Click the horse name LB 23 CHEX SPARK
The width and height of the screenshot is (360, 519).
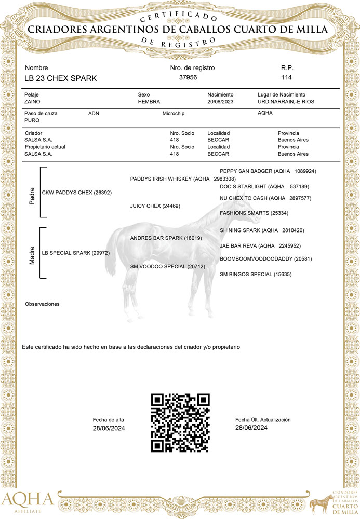tap(60, 78)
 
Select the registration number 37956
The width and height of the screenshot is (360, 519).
tap(188, 77)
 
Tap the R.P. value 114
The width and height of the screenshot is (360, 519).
tap(286, 77)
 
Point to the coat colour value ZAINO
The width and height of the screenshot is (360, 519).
tap(33, 102)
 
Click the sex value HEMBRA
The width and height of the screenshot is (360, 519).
tap(149, 102)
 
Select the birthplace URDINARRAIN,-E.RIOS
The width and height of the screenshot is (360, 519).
tap(286, 102)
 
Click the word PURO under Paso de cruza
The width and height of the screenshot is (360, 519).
tap(32, 120)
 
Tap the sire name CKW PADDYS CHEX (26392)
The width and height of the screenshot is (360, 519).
tap(76, 193)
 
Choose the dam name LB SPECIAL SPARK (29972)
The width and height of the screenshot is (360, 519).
tap(75, 253)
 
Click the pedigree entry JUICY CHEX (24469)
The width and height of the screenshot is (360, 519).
tap(155, 206)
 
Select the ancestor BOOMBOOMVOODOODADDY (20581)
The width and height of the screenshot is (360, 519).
tap(265, 258)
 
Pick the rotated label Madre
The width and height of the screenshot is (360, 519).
tap(32, 254)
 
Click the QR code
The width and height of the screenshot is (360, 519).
tap(180, 422)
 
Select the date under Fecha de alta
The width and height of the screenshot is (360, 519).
tap(109, 428)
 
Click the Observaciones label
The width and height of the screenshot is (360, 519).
tap(42, 304)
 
